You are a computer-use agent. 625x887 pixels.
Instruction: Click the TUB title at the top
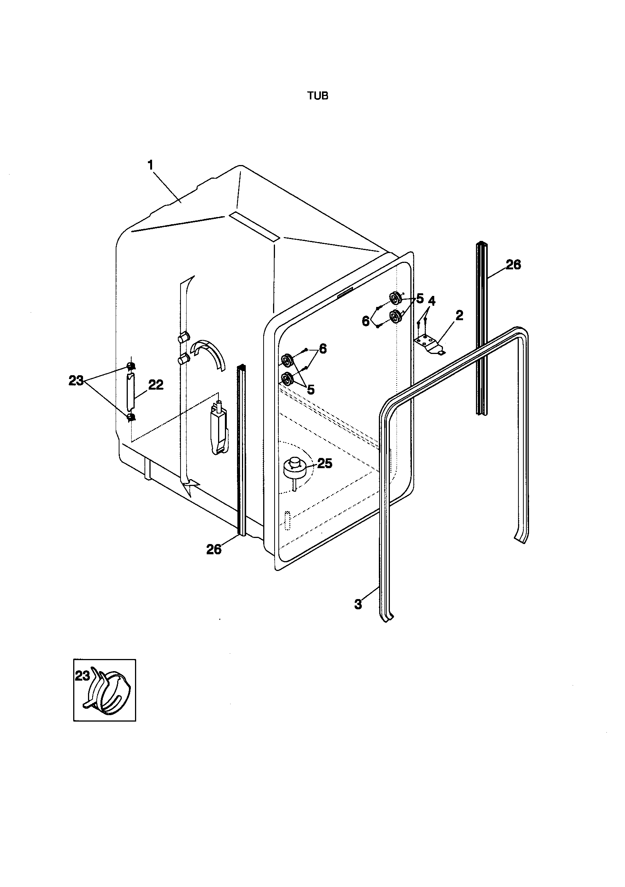coord(317,96)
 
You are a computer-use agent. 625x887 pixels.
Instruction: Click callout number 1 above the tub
coord(151,165)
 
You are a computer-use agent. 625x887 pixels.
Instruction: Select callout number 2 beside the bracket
coord(459,316)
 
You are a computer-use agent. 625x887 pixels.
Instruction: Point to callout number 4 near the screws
coord(431,300)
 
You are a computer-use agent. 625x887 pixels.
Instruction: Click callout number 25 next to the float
coord(325,464)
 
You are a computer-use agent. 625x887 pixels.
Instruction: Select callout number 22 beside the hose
coord(155,385)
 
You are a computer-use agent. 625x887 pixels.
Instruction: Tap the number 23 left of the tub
coord(76,381)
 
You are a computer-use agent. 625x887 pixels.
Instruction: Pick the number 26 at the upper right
coord(513,265)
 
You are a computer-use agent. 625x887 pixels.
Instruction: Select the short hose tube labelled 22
coord(130,391)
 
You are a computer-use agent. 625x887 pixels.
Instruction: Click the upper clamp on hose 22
coord(131,366)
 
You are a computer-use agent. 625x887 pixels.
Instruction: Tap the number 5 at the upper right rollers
coord(420,298)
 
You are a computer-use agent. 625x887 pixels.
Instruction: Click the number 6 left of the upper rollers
coord(366,321)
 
